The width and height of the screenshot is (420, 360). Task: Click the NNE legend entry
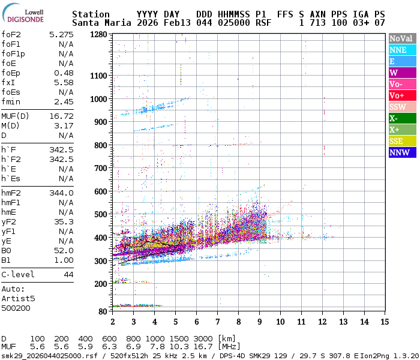coord(402,50)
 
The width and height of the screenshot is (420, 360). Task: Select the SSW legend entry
coord(402,107)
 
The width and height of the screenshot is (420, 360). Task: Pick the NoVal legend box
coord(402,38)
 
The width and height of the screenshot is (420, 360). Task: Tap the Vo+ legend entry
coord(402,95)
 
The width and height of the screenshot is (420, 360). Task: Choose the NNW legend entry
coord(402,152)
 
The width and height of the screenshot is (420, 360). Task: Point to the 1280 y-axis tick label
coord(98,35)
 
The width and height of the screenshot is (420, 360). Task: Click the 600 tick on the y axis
coord(101,191)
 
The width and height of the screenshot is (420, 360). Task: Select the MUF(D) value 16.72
coord(61,116)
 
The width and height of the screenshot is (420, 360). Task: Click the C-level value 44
coord(68,274)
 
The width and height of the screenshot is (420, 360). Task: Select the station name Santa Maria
coord(101,23)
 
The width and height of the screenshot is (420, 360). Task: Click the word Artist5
coord(18,298)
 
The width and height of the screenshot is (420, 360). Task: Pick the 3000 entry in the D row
coord(203,339)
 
